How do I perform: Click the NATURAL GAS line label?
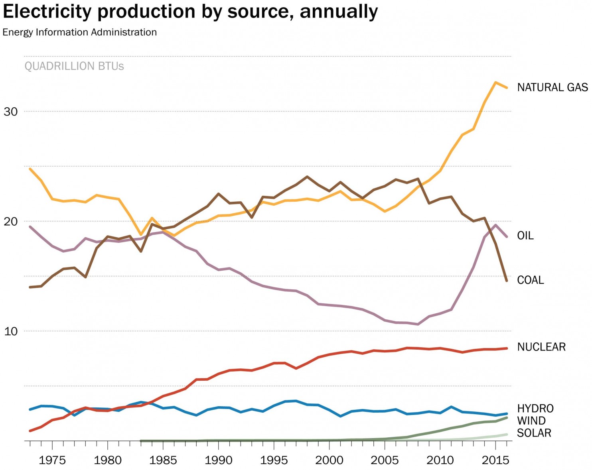click(552, 87)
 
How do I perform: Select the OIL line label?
click(525, 236)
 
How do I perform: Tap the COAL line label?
click(530, 280)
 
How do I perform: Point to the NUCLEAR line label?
click(541, 347)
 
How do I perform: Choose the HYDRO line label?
click(535, 409)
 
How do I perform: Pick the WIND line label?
click(531, 421)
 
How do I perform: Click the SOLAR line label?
click(534, 433)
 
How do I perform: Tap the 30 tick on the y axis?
click(11, 112)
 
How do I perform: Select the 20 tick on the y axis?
click(11, 221)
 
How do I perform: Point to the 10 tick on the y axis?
click(11, 331)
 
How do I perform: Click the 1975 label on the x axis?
click(52, 460)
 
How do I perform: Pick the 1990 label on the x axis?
click(218, 460)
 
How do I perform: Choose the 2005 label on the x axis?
click(385, 460)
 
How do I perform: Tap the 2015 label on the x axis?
click(495, 460)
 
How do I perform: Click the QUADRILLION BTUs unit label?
click(74, 66)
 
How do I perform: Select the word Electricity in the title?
click(47, 12)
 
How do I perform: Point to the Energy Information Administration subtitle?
click(80, 32)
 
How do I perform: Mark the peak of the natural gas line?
click(495, 83)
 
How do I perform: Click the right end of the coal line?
click(507, 281)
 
